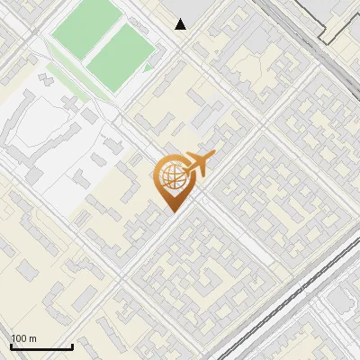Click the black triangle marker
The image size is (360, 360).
[181, 24]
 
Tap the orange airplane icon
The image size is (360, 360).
[198, 164]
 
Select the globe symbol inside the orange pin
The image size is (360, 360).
[171, 175]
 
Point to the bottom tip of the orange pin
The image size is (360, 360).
[172, 211]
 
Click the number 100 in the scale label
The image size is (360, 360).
[19, 338]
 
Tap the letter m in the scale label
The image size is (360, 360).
[32, 338]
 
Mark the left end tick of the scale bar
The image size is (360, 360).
[10, 346]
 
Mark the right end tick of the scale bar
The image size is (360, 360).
[72, 346]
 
